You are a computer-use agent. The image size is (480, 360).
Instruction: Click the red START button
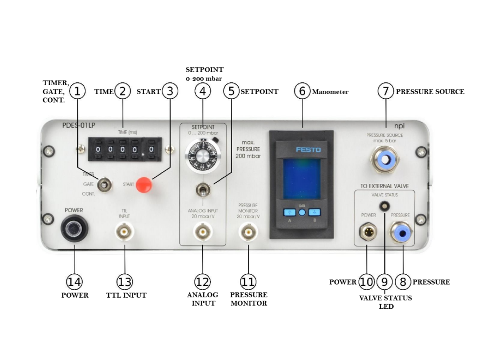[144, 185]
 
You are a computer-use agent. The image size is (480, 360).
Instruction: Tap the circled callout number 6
[302, 91]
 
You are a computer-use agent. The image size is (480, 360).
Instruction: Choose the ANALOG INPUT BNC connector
[203, 231]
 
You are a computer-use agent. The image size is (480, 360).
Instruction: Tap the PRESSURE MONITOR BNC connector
[248, 231]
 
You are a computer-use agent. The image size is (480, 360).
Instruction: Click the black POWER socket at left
[74, 229]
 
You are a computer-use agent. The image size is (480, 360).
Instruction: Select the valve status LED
[384, 205]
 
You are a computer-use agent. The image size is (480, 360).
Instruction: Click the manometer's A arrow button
[290, 212]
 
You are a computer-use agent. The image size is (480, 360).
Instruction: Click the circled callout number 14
[74, 282]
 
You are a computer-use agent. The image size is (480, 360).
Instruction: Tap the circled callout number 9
[384, 282]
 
